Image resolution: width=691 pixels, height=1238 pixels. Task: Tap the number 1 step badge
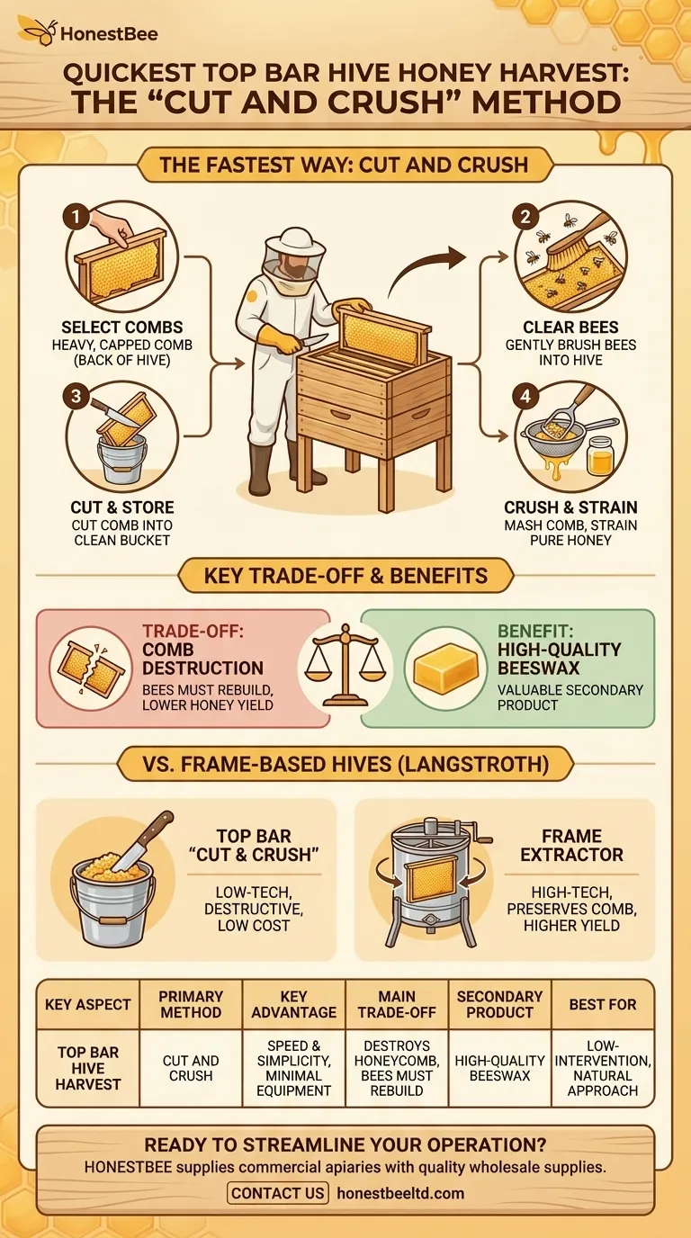coord(76,217)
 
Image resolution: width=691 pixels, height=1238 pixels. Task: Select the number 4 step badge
coord(525,396)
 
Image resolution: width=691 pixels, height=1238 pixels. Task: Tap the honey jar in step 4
coord(600,455)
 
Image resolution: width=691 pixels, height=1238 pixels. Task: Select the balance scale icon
coord(345,665)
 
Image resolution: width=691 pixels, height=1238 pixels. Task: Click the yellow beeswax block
coord(445,668)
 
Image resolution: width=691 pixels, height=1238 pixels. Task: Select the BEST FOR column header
coord(603,1004)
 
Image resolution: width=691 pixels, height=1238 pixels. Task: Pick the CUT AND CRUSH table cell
coord(191,1068)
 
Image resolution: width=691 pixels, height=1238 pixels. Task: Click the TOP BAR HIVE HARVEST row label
coord(88,1068)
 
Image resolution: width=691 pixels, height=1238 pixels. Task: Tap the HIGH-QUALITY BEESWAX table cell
coord(499,1068)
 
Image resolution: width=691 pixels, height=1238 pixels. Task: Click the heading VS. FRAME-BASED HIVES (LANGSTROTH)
coord(346,765)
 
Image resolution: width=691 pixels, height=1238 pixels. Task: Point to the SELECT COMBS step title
coord(122,327)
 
